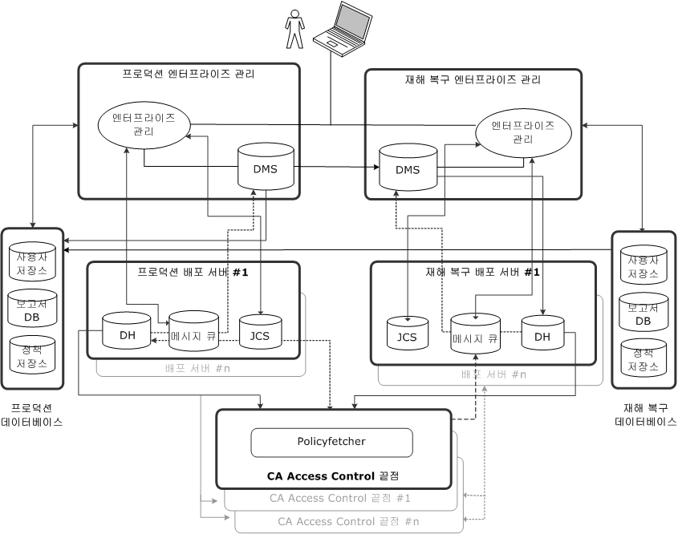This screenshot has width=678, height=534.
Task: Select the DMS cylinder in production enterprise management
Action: pos(266,166)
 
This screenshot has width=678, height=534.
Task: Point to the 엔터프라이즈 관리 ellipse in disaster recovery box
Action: pos(522,131)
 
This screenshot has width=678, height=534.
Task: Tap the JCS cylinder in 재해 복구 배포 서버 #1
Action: pos(408,334)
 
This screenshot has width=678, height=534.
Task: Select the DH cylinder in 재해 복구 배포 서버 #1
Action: pos(542,334)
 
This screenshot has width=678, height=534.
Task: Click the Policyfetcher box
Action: pos(331,441)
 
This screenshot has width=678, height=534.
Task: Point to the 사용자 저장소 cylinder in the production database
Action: pos(32,262)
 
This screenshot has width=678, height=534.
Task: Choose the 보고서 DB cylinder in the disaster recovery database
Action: pos(643,314)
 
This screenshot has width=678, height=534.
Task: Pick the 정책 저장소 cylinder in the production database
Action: pos(32,355)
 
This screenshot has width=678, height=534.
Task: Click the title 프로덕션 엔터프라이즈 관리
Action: pos(189,75)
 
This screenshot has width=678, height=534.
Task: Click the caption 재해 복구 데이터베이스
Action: pos(644,414)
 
